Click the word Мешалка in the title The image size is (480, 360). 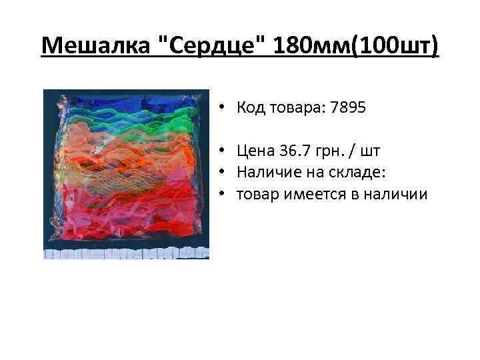95,47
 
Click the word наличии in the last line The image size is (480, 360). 400,194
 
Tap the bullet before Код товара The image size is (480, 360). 220,107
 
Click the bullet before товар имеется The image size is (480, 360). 220,195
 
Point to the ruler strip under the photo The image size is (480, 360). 126,253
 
